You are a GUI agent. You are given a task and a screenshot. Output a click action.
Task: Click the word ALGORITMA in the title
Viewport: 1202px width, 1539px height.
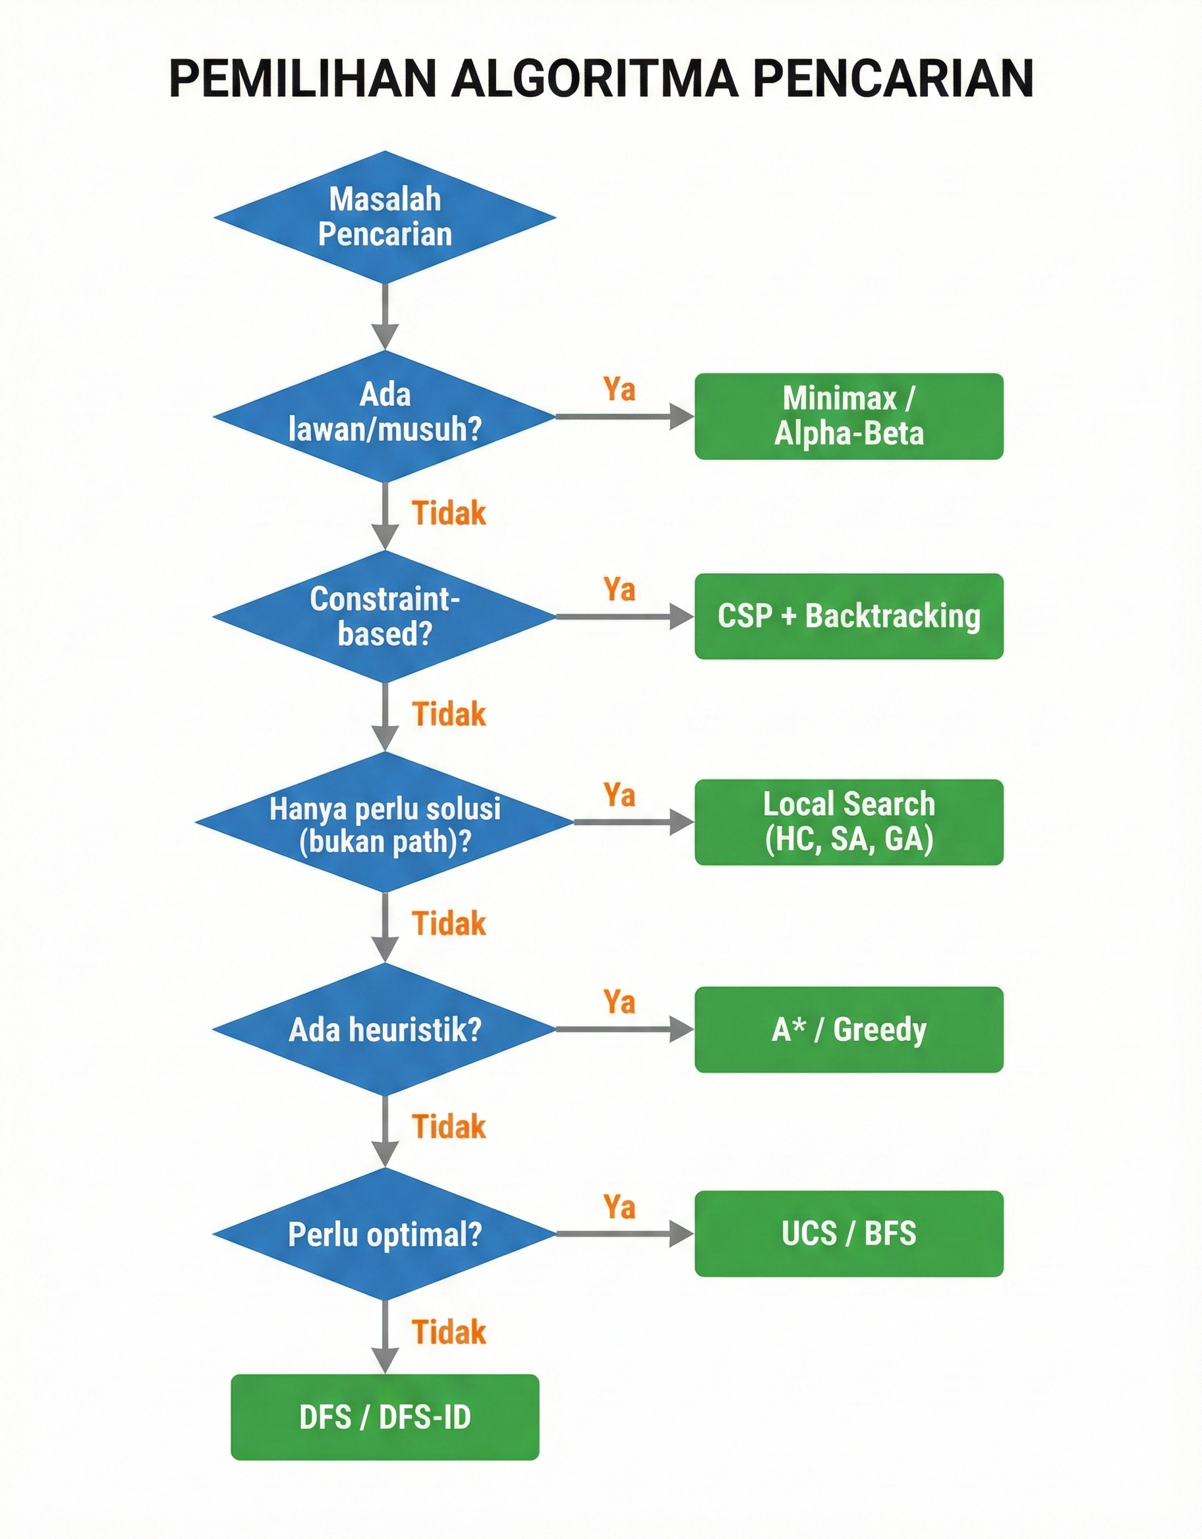(594, 78)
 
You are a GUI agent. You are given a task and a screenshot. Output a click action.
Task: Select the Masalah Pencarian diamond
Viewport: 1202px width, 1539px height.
(385, 217)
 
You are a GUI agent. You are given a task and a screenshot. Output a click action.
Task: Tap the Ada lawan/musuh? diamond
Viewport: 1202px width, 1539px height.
(385, 415)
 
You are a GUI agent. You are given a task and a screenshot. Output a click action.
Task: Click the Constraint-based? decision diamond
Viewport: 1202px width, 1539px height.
(385, 617)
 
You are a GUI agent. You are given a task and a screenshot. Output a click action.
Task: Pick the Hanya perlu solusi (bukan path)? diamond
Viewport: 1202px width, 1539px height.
(385, 822)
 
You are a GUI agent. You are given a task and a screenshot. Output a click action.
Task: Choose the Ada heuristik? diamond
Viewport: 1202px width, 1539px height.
(385, 1030)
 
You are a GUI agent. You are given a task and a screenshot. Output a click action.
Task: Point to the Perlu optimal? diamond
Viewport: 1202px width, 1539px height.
(385, 1234)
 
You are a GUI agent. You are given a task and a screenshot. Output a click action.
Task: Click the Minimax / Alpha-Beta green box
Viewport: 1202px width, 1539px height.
(848, 416)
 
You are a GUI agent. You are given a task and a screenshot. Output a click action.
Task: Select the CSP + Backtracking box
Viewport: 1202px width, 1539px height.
(848, 617)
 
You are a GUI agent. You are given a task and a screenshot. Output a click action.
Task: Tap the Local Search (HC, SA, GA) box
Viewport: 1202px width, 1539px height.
(848, 822)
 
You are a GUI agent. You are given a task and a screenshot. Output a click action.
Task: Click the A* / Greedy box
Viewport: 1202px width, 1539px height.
(848, 1030)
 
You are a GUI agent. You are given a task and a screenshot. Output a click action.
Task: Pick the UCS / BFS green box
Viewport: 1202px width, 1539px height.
(848, 1234)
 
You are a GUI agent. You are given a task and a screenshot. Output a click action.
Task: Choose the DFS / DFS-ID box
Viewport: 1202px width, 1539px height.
(385, 1416)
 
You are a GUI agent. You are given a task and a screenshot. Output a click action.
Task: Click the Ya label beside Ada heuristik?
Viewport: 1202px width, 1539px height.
(619, 1001)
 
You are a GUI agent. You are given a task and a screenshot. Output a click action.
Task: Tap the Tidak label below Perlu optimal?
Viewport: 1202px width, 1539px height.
(449, 1332)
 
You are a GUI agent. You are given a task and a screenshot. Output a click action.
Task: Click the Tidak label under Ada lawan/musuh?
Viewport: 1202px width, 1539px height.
(449, 513)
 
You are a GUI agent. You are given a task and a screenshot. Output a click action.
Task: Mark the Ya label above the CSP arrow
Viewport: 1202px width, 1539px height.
(619, 589)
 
